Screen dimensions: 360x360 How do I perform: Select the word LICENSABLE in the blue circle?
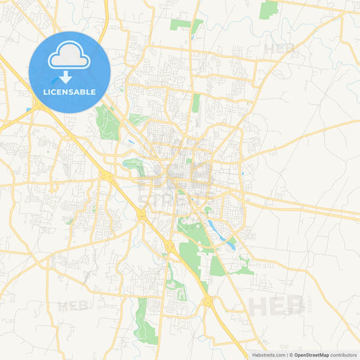coord(70,91)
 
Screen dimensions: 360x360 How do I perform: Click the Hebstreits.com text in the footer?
coord(267,355)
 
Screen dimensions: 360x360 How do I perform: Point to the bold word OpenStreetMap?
coord(311,355)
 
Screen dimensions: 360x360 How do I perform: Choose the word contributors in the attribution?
coord(344,355)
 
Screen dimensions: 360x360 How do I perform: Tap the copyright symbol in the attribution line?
coord(291,355)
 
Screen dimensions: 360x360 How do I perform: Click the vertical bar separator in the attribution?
coord(286,355)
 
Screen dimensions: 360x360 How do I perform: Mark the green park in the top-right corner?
coord(269,9)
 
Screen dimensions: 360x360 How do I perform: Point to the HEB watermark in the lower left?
coord(73,305)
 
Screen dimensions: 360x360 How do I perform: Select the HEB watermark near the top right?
coord(279,49)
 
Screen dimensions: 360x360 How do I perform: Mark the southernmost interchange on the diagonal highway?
coord(207,301)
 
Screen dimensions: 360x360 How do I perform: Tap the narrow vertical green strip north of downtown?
coord(196,103)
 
